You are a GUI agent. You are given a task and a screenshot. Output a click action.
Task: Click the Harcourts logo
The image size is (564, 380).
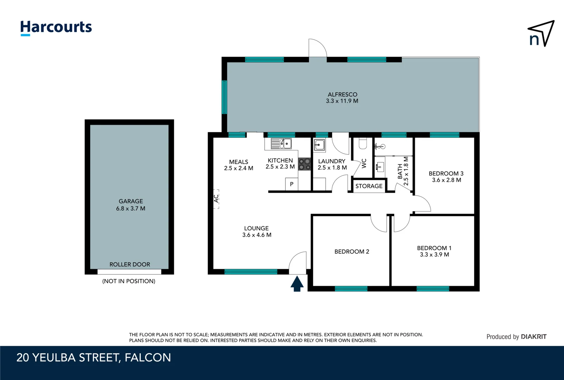(x=56, y=27)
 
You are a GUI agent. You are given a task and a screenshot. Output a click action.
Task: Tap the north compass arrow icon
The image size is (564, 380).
(x=541, y=34)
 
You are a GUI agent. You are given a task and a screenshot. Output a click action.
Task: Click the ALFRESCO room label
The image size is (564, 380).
(x=342, y=95)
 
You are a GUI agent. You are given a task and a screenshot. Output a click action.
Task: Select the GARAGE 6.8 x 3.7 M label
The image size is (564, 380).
(x=131, y=205)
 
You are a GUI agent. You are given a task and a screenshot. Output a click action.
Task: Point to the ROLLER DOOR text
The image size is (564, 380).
(x=129, y=265)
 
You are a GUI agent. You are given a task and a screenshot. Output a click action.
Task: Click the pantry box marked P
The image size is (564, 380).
(x=292, y=184)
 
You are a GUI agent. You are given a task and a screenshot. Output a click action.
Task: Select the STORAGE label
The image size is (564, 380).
(x=369, y=186)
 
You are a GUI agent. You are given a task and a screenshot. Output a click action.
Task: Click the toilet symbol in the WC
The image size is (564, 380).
(x=363, y=143)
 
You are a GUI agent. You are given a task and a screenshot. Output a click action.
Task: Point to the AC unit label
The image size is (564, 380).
(x=216, y=199)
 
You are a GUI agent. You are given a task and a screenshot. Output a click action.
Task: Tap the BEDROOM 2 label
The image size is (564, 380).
(x=351, y=252)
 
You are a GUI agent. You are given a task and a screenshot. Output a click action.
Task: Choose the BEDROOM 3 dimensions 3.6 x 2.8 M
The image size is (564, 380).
(x=446, y=180)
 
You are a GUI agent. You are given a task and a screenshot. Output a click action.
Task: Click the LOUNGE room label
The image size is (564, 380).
(x=256, y=228)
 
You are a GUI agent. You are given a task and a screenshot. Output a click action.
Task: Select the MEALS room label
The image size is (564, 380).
(x=239, y=162)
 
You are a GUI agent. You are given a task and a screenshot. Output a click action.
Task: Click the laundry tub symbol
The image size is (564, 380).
(x=319, y=145)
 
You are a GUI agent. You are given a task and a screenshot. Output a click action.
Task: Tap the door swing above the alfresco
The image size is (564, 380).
(x=317, y=48)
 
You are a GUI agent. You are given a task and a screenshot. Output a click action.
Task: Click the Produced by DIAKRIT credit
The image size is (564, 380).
(x=516, y=337)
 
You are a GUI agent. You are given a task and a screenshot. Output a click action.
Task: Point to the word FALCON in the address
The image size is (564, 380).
(x=148, y=357)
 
